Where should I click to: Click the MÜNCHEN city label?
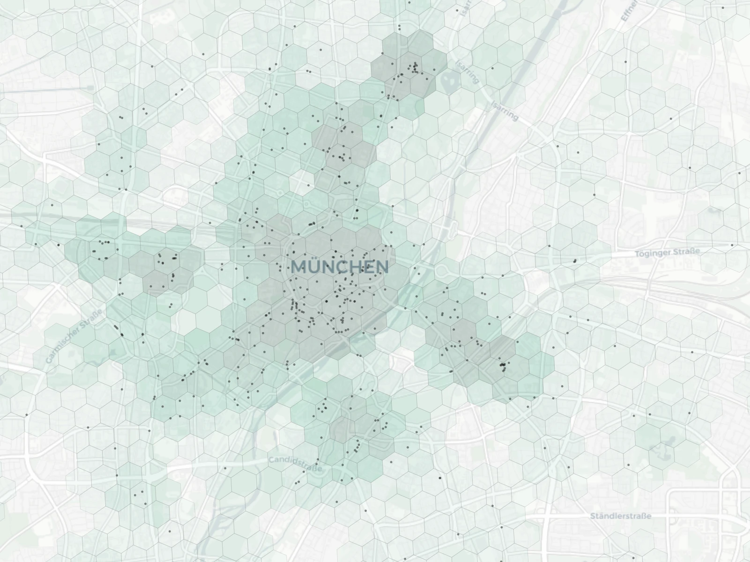[x=340, y=267]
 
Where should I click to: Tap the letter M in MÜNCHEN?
[x=299, y=267]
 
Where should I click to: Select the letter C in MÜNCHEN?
[x=341, y=267]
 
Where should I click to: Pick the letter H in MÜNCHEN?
[x=354, y=267]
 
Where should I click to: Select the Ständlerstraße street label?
[x=621, y=516]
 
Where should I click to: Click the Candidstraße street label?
[x=295, y=464]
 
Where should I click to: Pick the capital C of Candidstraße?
[x=272, y=460]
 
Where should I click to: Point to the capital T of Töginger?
[x=638, y=254]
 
